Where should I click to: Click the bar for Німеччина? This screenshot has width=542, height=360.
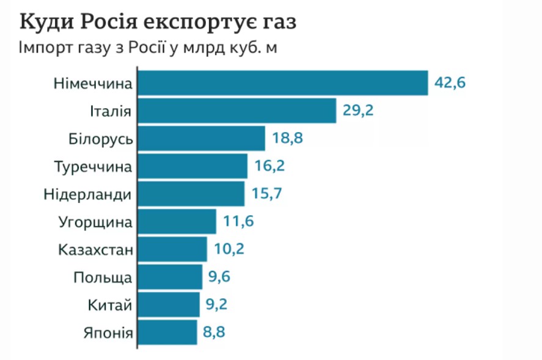click(282, 83)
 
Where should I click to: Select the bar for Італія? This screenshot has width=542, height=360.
click(236, 111)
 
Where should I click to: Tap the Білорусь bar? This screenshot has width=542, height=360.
click(201, 138)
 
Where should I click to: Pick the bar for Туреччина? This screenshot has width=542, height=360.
click(192, 166)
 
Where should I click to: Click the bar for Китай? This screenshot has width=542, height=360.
click(169, 304)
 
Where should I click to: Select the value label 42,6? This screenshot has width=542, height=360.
click(450, 83)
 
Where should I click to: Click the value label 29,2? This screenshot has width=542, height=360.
click(357, 111)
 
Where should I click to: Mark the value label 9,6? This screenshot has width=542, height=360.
click(221, 276)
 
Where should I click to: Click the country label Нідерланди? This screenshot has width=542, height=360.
click(88, 194)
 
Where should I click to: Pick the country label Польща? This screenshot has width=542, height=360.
click(103, 277)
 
